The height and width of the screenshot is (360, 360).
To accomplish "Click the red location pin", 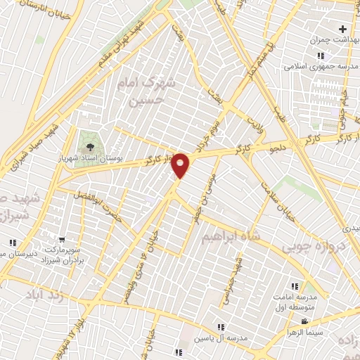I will point(181,165).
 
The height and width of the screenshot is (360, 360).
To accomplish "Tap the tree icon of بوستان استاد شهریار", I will point(89,147).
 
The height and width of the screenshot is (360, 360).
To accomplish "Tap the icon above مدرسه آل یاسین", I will point(221,326).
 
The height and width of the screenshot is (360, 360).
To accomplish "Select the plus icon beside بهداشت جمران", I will point(342,30).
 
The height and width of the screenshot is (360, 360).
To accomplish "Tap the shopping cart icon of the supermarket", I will point(62,240).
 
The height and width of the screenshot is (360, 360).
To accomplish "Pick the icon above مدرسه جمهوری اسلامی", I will point(321,56).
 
